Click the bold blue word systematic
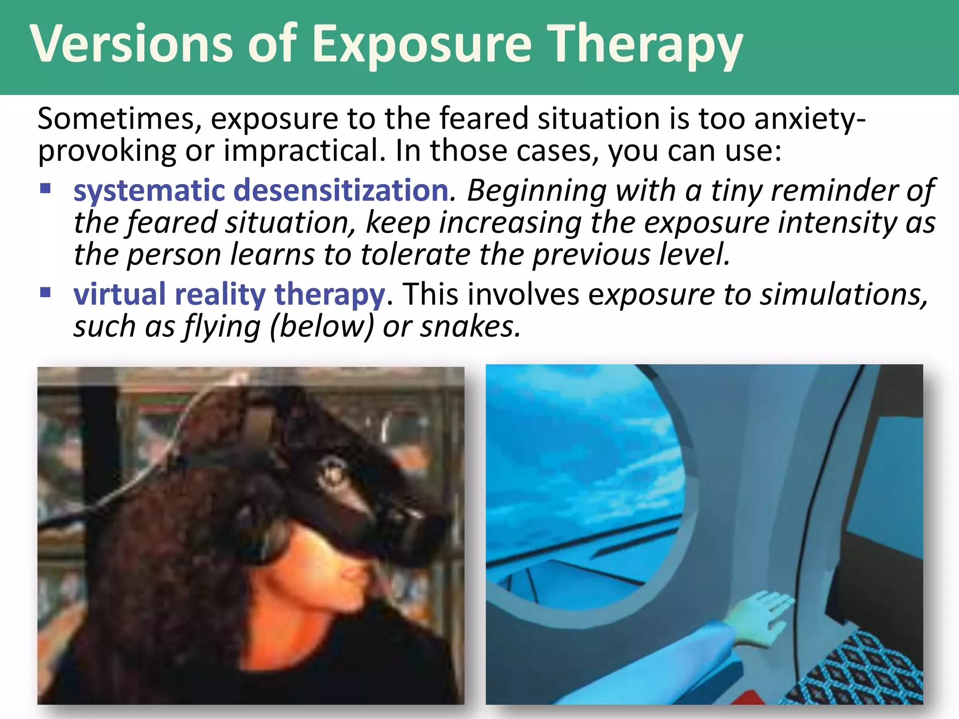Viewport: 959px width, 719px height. [149, 191]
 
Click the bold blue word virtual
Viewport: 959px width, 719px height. [119, 294]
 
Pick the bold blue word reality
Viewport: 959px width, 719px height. [220, 295]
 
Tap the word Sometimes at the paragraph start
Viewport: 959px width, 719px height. [119, 119]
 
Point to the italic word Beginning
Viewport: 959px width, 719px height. [537, 191]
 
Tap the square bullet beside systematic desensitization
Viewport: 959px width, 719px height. [45, 189]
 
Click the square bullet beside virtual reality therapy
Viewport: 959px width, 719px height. [45, 293]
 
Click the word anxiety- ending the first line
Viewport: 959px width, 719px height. [810, 119]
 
